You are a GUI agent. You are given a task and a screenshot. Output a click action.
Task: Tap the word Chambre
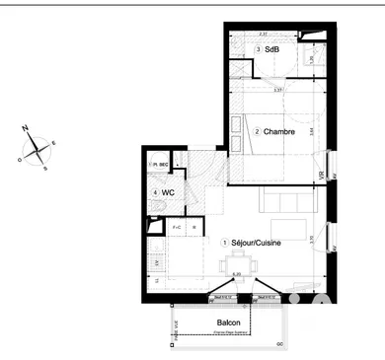(280, 132)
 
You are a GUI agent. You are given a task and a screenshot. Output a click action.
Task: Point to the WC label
(169, 193)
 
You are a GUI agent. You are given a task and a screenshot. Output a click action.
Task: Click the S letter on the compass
(44, 168)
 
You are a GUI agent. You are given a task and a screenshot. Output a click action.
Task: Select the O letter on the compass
(20, 157)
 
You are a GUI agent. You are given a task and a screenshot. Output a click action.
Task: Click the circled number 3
(259, 49)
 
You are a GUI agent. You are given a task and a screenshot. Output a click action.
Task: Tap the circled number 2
(257, 132)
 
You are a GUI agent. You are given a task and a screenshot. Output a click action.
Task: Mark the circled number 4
(156, 193)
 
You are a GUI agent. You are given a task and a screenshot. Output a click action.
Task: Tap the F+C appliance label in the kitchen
(179, 228)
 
